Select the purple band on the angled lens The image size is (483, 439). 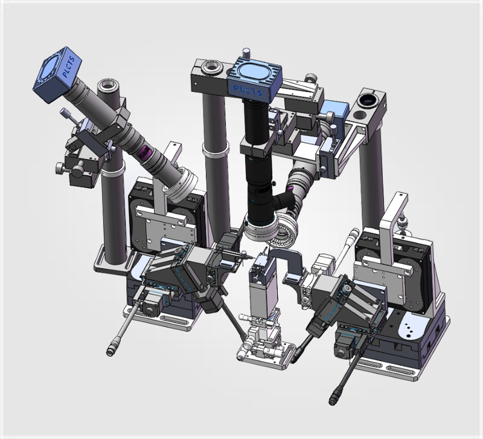[144, 152]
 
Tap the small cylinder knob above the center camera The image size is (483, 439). [246, 53]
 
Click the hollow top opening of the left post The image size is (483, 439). [109, 83]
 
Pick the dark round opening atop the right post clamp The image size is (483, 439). [368, 99]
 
